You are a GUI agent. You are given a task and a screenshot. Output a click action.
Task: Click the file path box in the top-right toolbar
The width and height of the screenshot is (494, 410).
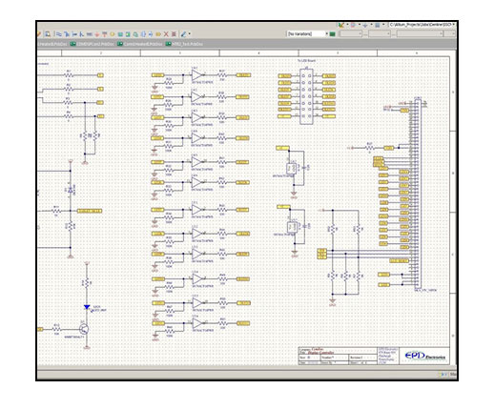point(420,25)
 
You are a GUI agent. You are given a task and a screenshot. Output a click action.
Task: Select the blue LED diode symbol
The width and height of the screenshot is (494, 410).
point(87,307)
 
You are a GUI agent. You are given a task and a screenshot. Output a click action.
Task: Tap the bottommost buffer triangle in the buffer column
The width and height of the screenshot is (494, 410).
point(196,324)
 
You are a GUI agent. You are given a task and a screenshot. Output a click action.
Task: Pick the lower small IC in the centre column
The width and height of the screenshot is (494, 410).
point(292,228)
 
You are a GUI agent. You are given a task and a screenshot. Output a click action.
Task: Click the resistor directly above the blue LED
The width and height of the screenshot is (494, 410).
point(87,284)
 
